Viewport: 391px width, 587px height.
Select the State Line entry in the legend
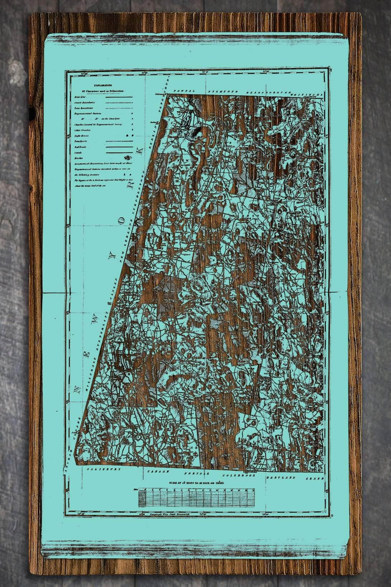click(78, 97)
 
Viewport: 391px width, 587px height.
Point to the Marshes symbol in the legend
click(127, 158)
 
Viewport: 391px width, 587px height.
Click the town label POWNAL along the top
click(184, 91)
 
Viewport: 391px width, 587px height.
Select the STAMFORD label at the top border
click(222, 91)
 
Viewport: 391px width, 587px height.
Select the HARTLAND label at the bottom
click(281, 478)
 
